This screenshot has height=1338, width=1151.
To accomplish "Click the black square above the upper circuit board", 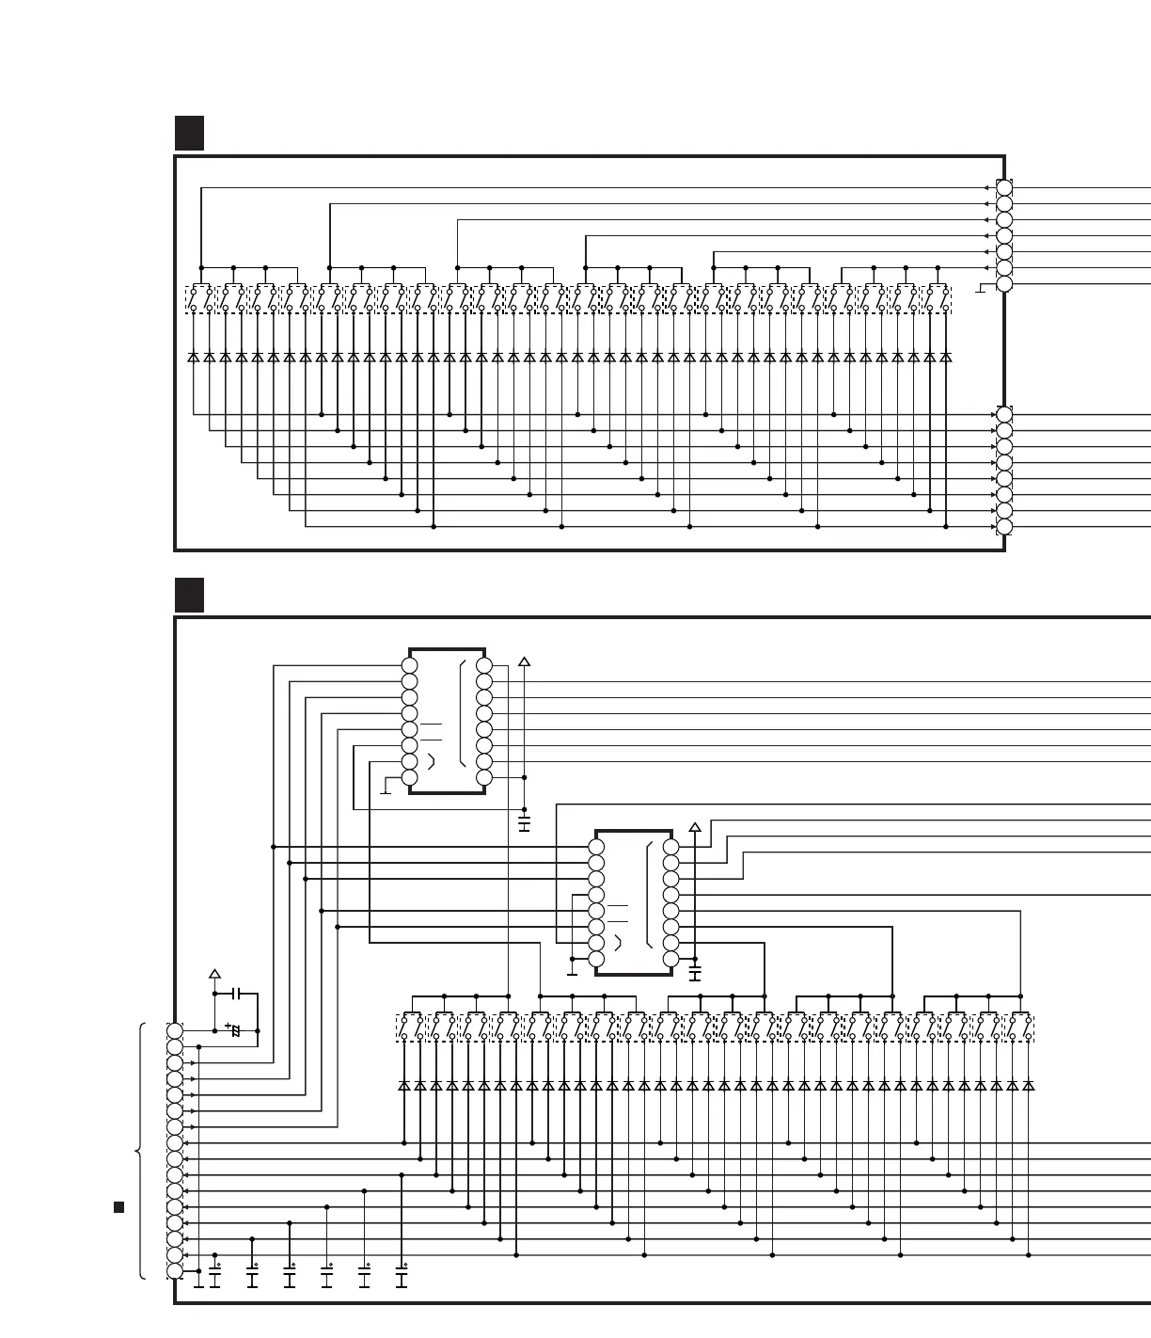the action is click(189, 133).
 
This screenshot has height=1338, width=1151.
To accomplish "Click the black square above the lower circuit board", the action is click(189, 595).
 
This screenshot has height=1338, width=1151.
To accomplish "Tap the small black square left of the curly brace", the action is click(119, 1207).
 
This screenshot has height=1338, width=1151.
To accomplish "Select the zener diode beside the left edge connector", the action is click(235, 1031).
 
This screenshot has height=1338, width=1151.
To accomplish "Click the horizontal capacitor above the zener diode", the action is click(238, 994).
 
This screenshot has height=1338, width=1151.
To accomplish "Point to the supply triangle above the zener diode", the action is click(214, 974).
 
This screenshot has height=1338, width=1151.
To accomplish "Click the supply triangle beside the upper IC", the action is click(524, 661).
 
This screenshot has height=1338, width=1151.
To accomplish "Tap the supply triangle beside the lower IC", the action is click(695, 828).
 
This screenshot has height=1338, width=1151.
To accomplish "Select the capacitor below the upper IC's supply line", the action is click(524, 824).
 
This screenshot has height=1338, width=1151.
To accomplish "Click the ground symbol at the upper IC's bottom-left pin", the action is click(385, 791).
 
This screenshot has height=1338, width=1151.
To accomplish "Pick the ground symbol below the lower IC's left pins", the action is click(573, 972).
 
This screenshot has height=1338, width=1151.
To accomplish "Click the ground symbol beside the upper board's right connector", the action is click(981, 290).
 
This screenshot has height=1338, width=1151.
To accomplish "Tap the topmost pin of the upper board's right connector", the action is click(1004, 187).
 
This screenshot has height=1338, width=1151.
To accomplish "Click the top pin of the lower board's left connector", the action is click(175, 1030).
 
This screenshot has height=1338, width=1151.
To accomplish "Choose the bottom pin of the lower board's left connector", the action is click(175, 1271).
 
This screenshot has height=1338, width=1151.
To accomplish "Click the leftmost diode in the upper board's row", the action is click(194, 358).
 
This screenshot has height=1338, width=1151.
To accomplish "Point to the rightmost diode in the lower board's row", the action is click(1029, 1086).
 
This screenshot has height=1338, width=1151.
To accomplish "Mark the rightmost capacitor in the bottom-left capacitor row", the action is click(402, 1277).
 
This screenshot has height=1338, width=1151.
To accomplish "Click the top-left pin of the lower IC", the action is click(596, 847).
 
